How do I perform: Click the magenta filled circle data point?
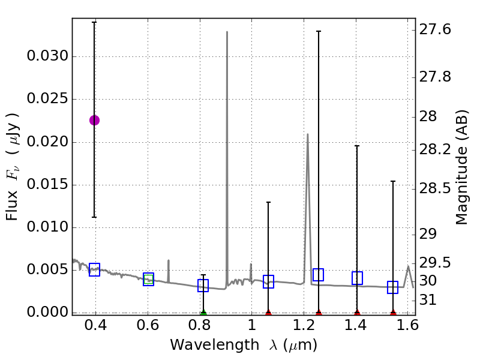pyautogui.click(x=94, y=120)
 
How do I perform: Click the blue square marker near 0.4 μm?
pyautogui.click(x=94, y=270)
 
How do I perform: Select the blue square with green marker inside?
pyautogui.click(x=148, y=279)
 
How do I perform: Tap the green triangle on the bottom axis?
pyautogui.click(x=203, y=313)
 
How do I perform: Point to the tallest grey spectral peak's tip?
pyautogui.click(x=227, y=32)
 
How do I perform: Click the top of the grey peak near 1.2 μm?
pyautogui.click(x=307, y=134)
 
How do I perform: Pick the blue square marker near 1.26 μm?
pyautogui.click(x=319, y=275)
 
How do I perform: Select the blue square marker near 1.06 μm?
pyautogui.click(x=268, y=281)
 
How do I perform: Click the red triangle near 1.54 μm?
pyautogui.click(x=393, y=313)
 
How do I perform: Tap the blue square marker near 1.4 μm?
pyautogui.click(x=357, y=278)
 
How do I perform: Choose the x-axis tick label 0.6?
pyautogui.click(x=148, y=326)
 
